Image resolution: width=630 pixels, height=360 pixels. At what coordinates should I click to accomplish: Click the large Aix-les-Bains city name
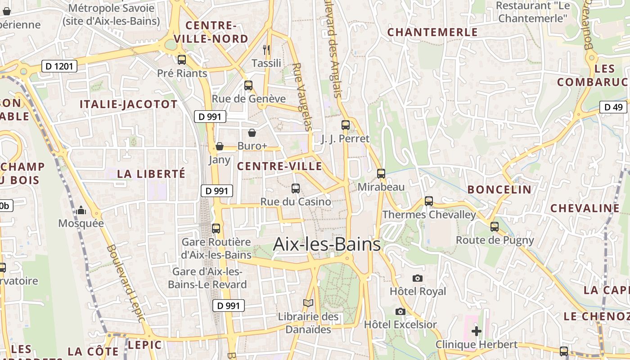[327, 245]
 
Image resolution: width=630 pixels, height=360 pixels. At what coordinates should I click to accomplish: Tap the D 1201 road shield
[59, 67]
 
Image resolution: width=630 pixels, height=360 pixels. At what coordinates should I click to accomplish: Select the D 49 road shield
[613, 107]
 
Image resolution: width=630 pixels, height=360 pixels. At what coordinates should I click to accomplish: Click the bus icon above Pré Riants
[182, 60]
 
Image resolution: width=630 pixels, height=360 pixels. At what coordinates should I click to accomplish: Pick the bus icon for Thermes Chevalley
[429, 201]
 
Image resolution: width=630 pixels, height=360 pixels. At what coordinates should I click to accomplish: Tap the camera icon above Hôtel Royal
[418, 278]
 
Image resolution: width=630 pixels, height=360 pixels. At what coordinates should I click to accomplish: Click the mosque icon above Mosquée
[81, 210]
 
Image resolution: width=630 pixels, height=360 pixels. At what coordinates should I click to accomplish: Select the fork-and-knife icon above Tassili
[266, 49]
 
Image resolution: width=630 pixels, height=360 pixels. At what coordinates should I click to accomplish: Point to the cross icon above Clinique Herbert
[476, 332]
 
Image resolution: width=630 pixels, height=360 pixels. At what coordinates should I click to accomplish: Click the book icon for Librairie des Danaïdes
[308, 303]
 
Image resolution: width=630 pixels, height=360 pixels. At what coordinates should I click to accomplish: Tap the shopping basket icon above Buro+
[252, 133]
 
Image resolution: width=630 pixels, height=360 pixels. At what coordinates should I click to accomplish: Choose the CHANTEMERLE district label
[432, 32]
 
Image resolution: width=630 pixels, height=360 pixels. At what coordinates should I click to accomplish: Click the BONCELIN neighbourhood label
[499, 189]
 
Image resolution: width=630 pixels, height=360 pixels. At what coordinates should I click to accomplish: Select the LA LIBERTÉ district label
[151, 174]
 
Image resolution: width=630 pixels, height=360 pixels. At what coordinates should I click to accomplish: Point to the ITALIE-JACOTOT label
[129, 104]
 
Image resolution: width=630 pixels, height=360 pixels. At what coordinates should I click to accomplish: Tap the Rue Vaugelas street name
[302, 97]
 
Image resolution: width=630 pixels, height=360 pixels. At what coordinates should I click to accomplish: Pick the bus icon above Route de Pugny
[495, 227]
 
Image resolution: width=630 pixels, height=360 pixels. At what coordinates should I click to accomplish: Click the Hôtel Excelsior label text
[400, 324]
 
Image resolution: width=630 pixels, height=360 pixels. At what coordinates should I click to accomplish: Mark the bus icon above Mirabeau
[381, 174]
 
